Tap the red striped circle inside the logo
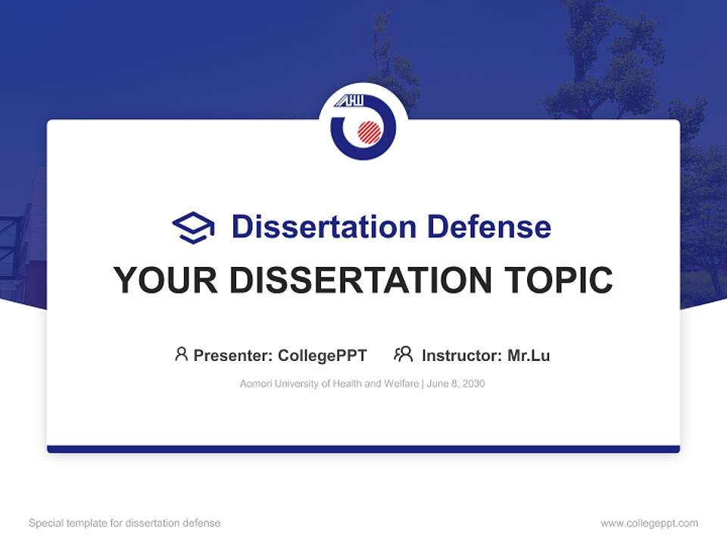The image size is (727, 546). [x=370, y=132]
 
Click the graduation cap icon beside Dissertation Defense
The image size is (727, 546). [x=193, y=227]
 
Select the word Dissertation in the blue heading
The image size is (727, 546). [x=323, y=227]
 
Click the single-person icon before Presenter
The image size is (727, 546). [x=181, y=354]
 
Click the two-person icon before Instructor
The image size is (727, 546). [x=404, y=354]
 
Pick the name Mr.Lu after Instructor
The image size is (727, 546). [x=529, y=355]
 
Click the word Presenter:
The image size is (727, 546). [x=233, y=355]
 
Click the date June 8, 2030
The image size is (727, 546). [x=456, y=384]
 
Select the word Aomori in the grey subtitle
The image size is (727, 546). [x=255, y=384]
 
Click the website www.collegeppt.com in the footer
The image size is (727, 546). [x=649, y=523]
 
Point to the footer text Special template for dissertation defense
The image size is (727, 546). [x=125, y=523]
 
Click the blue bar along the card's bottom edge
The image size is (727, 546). [x=363, y=449]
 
